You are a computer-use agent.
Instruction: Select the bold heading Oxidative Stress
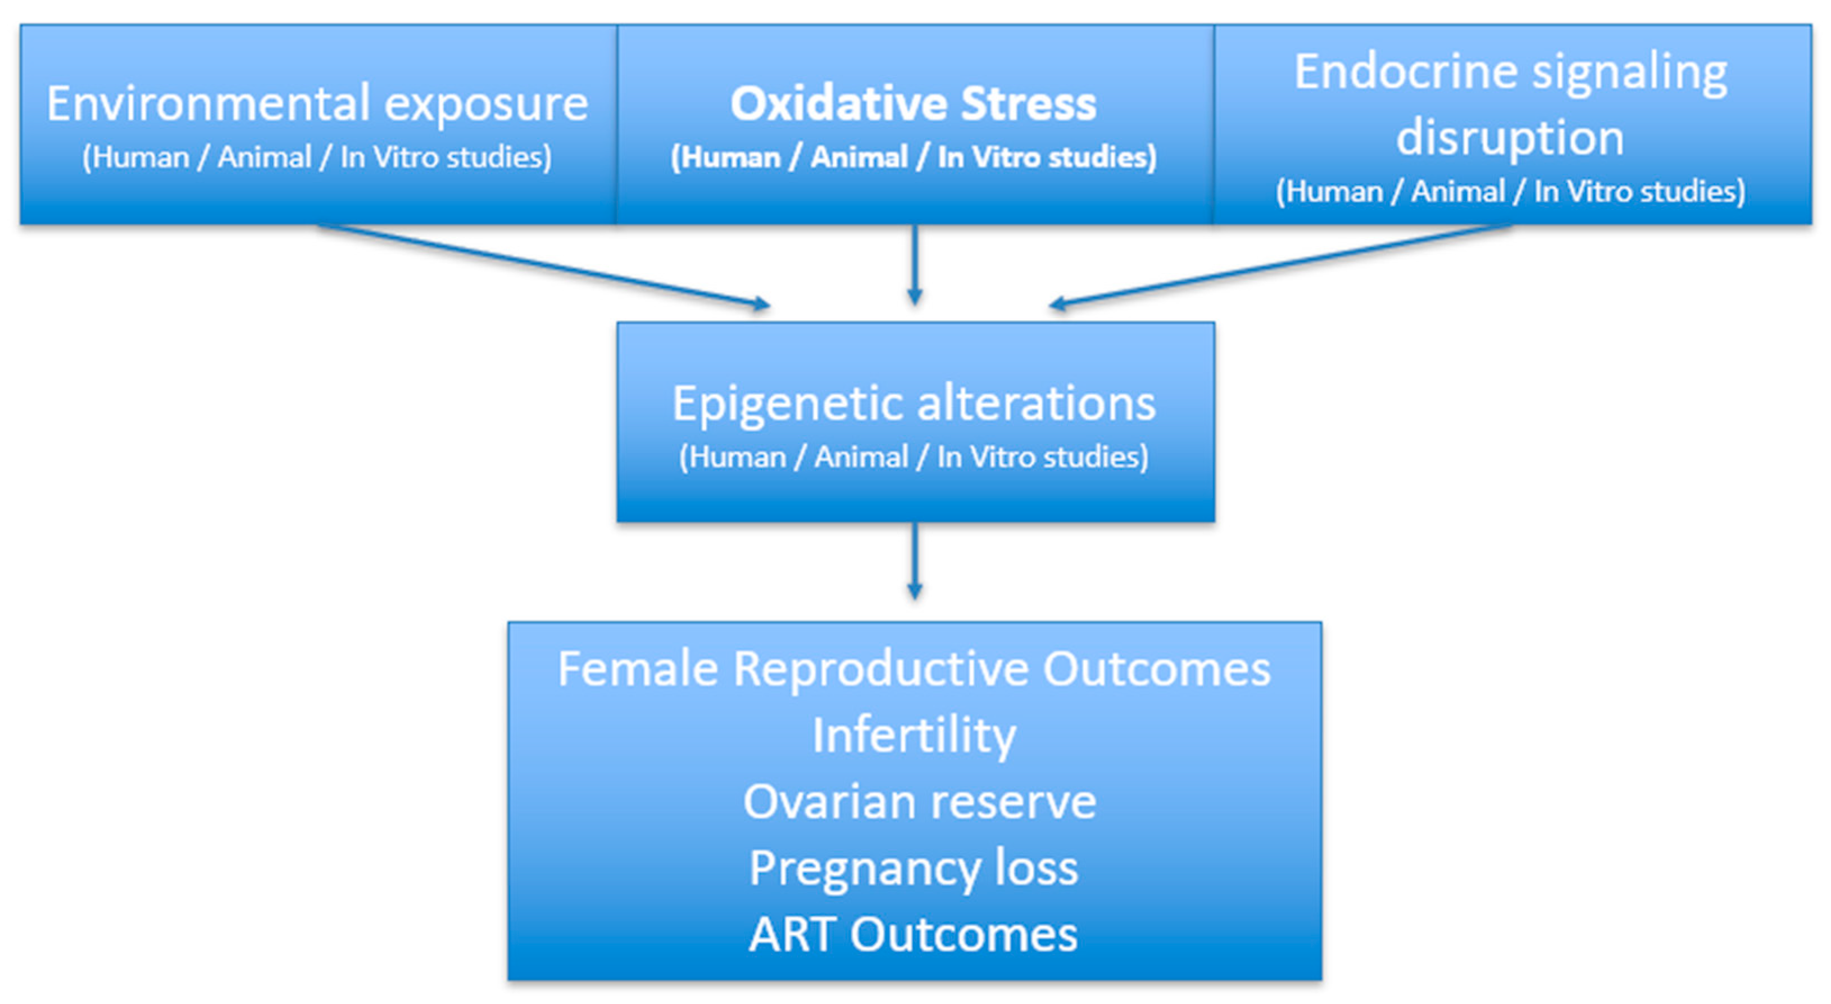[914, 104]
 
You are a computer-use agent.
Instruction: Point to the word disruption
[1510, 137]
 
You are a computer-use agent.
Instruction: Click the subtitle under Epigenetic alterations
[914, 456]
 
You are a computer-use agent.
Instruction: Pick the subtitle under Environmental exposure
[317, 157]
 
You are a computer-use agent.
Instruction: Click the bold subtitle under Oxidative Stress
[914, 157]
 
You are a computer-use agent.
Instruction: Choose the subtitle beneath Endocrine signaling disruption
[1510, 191]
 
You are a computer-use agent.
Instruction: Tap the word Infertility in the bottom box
[914, 735]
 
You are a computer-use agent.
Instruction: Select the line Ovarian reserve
[919, 802]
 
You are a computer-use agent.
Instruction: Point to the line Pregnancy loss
[914, 868]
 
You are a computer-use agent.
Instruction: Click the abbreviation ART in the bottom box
[791, 934]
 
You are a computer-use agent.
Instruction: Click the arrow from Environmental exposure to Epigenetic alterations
[544, 265]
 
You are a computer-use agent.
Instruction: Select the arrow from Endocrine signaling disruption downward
[1279, 265]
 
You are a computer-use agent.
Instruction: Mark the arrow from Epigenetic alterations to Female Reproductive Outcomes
[915, 562]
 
